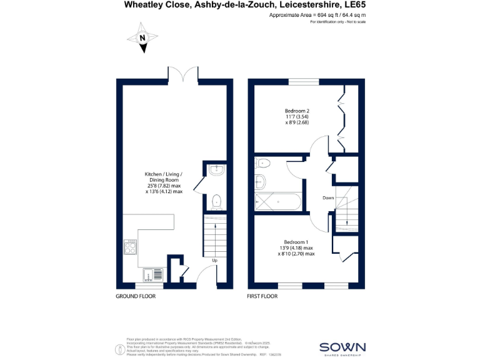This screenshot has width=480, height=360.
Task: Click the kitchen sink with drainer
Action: click(153, 274)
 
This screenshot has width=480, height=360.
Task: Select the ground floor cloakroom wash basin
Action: click(216, 169)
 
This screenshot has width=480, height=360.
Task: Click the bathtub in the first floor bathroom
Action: click(279, 202)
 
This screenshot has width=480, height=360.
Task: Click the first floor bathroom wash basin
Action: click(261, 182)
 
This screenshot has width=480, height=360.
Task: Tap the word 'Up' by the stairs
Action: click(214, 260)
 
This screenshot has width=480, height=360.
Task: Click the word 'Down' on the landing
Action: click(329, 197)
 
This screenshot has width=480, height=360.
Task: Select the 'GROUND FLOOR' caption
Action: click(136, 296)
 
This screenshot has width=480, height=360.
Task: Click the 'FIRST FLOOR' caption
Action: click(262, 296)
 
